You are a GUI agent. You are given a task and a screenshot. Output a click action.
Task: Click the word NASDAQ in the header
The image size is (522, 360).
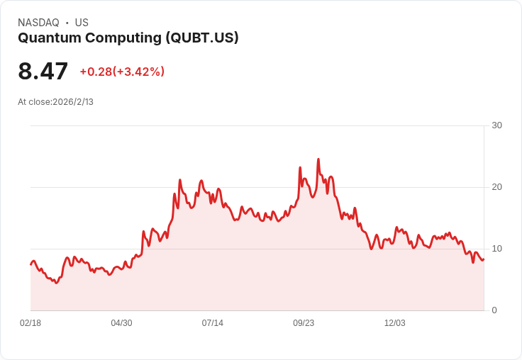[38, 23]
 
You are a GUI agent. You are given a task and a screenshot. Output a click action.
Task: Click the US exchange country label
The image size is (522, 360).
[82, 23]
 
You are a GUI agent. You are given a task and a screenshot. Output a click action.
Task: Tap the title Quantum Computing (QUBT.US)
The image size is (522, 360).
[128, 38]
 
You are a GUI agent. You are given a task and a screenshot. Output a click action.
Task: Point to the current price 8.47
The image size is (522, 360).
[43, 72]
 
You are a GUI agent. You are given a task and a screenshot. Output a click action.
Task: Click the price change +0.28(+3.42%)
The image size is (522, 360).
[122, 72]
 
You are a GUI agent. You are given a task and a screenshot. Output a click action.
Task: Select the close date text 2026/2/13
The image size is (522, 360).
[73, 102]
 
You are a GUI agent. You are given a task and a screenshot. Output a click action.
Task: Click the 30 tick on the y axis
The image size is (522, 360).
[497, 125]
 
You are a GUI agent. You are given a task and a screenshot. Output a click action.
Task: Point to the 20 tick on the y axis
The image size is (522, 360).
[497, 187]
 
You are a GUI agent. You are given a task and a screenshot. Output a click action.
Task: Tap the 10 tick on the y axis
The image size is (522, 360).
[497, 249]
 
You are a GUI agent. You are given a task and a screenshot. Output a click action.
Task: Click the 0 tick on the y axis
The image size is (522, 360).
[494, 310]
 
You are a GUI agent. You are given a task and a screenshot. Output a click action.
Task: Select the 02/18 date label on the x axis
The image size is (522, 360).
[30, 323]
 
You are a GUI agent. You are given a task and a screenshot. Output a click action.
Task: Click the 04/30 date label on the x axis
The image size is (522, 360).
[121, 323]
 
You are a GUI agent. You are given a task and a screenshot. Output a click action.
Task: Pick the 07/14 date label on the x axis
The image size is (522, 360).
[212, 323]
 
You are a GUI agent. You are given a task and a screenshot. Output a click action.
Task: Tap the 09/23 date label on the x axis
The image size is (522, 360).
[304, 323]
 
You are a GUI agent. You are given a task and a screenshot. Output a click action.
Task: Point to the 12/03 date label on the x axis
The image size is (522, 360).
[394, 323]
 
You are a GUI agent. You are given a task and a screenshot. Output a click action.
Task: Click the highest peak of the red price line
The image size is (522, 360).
[318, 159]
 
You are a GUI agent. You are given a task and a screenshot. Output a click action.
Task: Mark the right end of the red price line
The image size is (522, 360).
[484, 259]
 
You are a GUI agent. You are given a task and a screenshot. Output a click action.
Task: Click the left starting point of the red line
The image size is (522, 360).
[30, 264]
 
